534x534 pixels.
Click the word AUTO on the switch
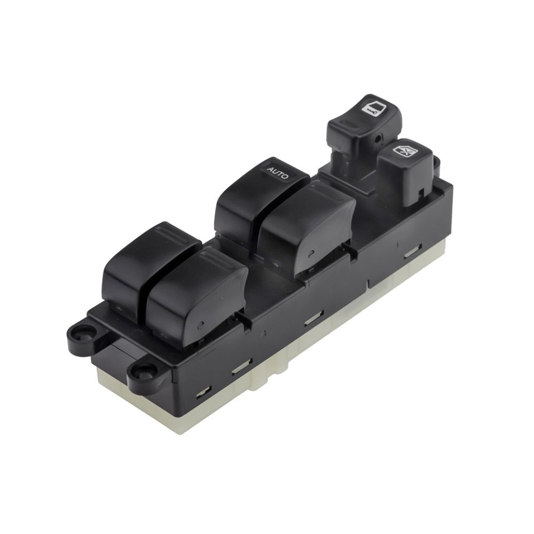[x=277, y=172]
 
